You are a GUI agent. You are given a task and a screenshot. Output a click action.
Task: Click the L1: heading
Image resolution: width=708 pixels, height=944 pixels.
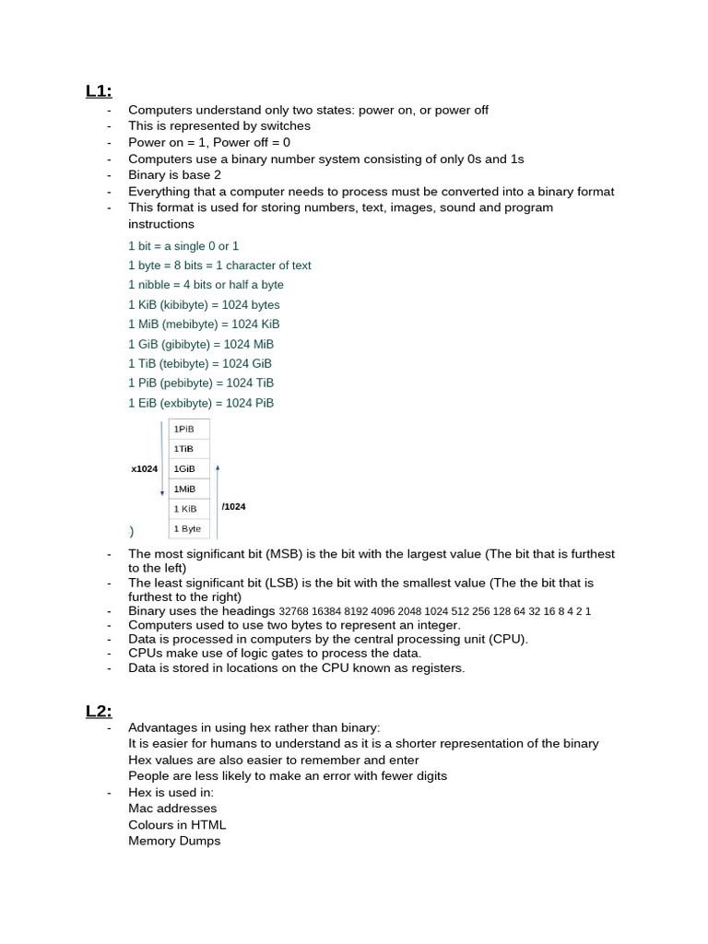pos(99,90)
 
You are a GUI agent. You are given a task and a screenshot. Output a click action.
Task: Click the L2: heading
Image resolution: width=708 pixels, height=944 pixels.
pos(99,711)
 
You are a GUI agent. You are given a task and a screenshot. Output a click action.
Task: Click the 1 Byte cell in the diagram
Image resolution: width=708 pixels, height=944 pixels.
pos(187,529)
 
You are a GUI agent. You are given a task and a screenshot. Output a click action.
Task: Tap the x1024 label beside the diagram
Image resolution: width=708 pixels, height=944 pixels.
pos(144,469)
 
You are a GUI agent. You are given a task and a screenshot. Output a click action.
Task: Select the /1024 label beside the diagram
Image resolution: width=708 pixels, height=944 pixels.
pos(234,507)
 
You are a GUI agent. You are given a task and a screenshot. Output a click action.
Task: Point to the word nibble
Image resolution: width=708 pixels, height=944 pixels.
pos(154,285)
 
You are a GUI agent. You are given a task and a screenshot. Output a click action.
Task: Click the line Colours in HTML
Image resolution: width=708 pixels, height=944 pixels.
pos(177,825)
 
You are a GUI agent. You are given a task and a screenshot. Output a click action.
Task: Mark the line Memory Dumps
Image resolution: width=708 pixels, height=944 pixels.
pos(174,841)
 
